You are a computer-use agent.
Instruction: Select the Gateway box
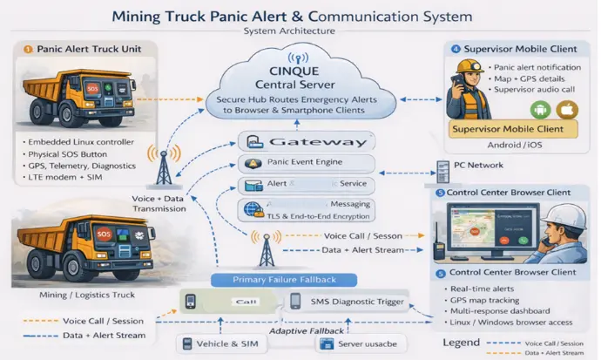pos(307,142)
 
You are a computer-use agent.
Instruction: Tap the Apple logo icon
pos(568,109)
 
